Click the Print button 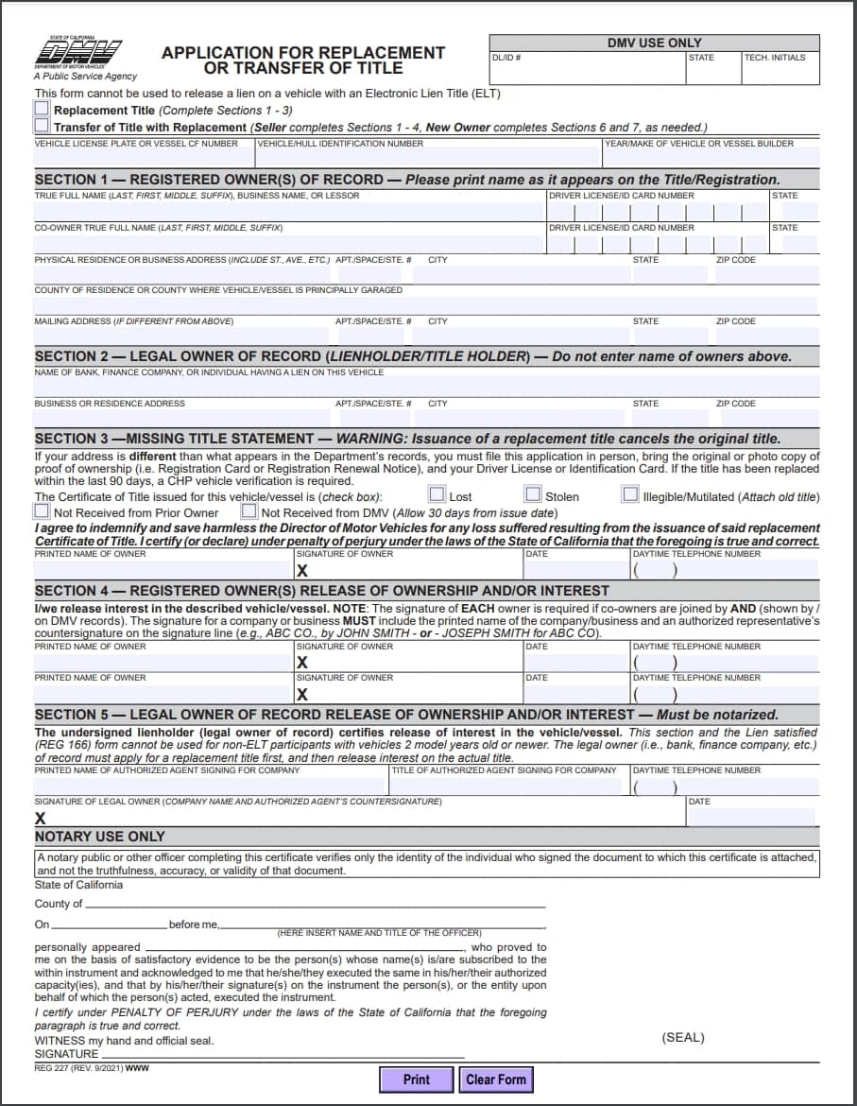(416, 1080)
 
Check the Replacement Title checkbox (42, 110)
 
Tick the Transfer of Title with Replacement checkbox (42, 125)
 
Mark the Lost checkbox (437, 494)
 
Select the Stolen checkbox (533, 494)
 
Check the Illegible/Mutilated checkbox (630, 494)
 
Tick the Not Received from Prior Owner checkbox (42, 511)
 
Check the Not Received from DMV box (249, 511)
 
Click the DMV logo (85, 54)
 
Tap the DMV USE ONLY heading (654, 43)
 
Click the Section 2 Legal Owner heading (413, 356)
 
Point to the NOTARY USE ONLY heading (99, 837)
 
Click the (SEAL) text (683, 1037)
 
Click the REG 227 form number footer (91, 1068)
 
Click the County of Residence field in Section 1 (425, 304)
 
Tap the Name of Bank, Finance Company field (425, 387)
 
